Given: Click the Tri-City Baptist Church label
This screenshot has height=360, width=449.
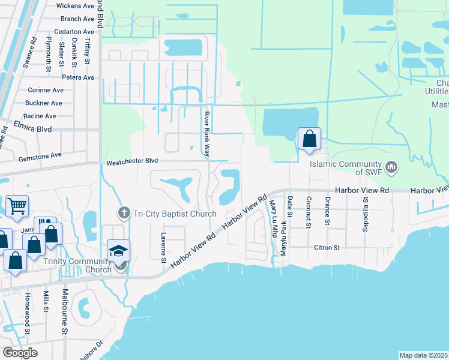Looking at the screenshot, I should [x=175, y=214].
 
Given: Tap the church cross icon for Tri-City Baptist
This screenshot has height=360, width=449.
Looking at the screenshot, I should [x=124, y=212].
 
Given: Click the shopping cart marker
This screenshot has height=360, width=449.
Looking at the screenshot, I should [x=17, y=207].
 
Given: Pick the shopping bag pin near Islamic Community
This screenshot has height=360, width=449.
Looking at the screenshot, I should [x=309, y=139].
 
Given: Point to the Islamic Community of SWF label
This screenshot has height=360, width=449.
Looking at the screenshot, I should [x=346, y=168].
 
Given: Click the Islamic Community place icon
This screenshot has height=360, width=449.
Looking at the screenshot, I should [x=391, y=167].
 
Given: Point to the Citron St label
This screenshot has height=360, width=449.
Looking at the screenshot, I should [x=328, y=247].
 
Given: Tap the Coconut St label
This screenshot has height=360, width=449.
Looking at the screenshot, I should [x=308, y=208].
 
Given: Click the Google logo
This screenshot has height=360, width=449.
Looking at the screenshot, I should [x=20, y=353].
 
